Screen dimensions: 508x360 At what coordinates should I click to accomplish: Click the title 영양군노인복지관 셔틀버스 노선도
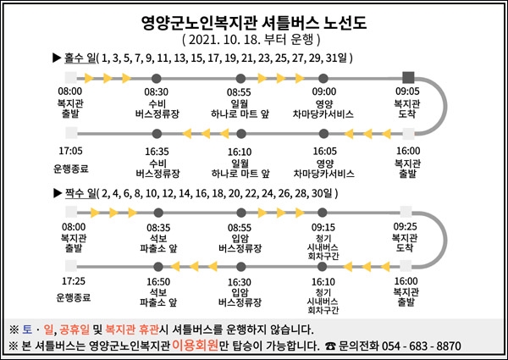pyautogui.click(x=254, y=23)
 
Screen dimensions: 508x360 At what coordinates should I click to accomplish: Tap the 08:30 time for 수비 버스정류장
pyautogui.click(x=156, y=92)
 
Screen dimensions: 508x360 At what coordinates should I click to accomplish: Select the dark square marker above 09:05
pyautogui.click(x=408, y=78)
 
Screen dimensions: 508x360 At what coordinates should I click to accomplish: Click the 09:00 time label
pyautogui.click(x=324, y=91)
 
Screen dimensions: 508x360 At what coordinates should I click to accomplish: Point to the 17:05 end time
pyautogui.click(x=70, y=151)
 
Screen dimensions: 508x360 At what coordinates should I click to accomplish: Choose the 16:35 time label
pyautogui.click(x=157, y=152)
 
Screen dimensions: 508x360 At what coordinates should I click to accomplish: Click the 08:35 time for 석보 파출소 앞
pyautogui.click(x=158, y=228)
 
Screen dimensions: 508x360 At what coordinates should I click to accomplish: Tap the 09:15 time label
pyautogui.click(x=323, y=227)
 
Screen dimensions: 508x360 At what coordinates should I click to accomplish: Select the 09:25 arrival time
pyautogui.click(x=406, y=226)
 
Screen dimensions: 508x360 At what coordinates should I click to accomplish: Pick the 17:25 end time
pyautogui.click(x=74, y=281)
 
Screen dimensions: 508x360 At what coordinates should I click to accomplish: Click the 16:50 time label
pyautogui.click(x=158, y=282)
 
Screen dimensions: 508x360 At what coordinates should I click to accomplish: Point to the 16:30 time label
pyautogui.click(x=240, y=282)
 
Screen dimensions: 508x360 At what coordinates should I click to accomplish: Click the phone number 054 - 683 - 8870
pyautogui.click(x=421, y=346)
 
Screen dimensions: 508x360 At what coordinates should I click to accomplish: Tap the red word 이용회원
pyautogui.click(x=195, y=346)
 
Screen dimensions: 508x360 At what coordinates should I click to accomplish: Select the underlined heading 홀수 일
pyautogui.click(x=80, y=58)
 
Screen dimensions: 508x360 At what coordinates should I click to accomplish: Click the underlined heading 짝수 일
pyautogui.click(x=80, y=193)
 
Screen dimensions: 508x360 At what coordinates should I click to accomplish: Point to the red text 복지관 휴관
pyautogui.click(x=132, y=330)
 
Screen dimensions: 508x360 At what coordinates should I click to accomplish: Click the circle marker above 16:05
pyautogui.click(x=323, y=134)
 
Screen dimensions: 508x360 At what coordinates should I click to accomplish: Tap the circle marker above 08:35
pyautogui.click(x=158, y=213)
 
